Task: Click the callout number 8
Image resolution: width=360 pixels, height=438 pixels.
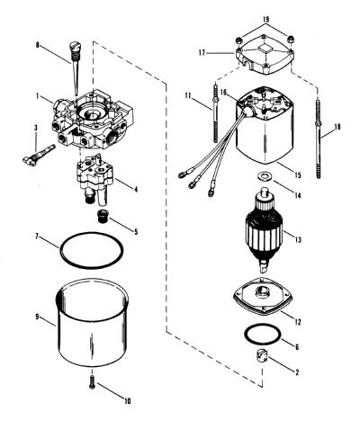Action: pyautogui.click(x=37, y=45)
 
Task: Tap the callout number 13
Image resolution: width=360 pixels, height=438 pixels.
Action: pyautogui.click(x=298, y=240)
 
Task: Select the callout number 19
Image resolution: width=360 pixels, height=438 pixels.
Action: pyautogui.click(x=265, y=20)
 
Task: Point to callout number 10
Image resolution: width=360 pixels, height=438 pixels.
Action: pyautogui.click(x=128, y=401)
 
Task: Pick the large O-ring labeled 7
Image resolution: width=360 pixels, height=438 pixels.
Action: pyautogui.click(x=92, y=248)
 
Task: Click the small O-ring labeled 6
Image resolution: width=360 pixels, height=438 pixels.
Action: pyautogui.click(x=263, y=335)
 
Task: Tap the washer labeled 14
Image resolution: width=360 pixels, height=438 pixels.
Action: pyautogui.click(x=264, y=175)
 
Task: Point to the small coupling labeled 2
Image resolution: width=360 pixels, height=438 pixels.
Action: pyautogui.click(x=262, y=356)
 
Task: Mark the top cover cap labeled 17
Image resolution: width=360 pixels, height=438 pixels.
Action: pyautogui.click(x=265, y=56)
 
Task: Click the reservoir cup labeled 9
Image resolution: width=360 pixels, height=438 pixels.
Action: pyautogui.click(x=93, y=321)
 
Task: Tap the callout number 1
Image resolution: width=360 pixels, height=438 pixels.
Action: pyautogui.click(x=38, y=96)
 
